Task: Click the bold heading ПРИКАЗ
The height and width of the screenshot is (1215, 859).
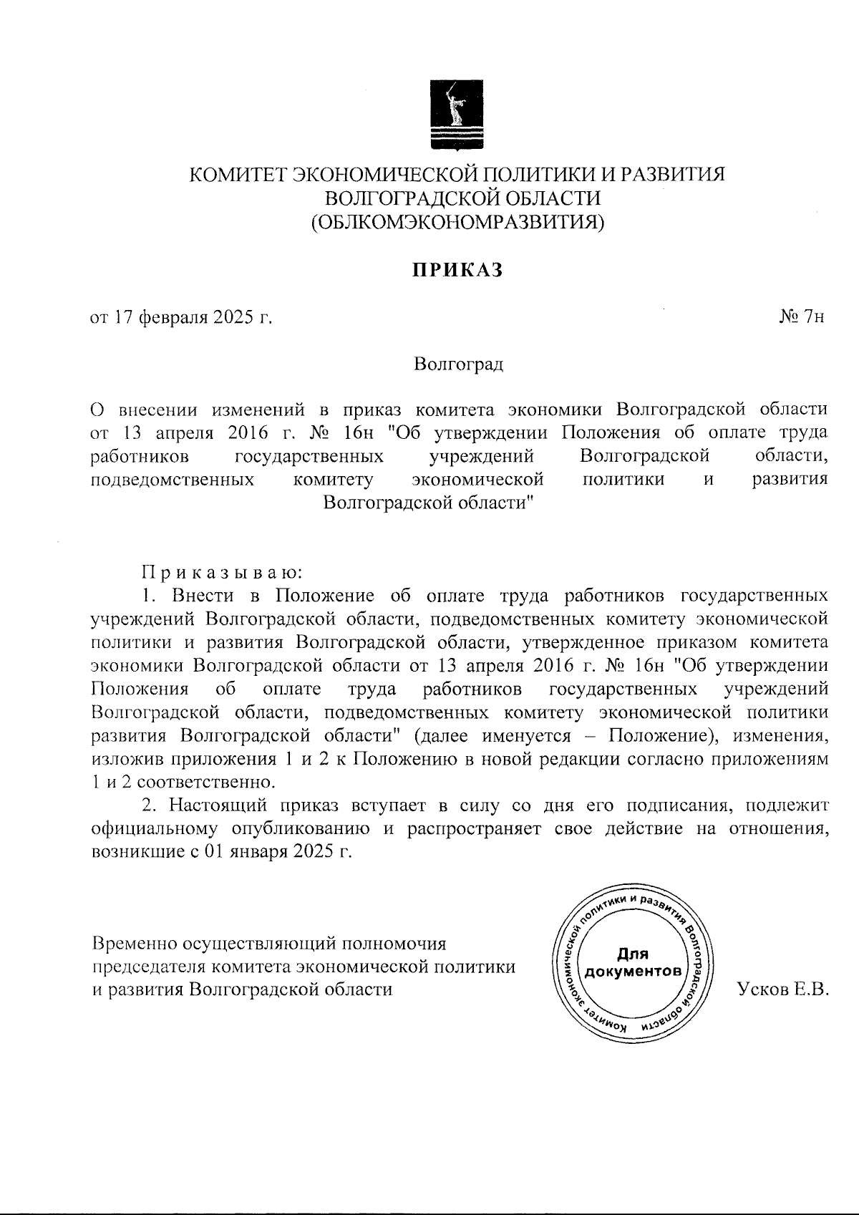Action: (457, 270)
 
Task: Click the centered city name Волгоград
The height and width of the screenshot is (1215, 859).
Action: (458, 364)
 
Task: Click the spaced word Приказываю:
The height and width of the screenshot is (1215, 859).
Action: (223, 572)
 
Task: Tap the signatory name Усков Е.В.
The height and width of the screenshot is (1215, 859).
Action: (782, 989)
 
